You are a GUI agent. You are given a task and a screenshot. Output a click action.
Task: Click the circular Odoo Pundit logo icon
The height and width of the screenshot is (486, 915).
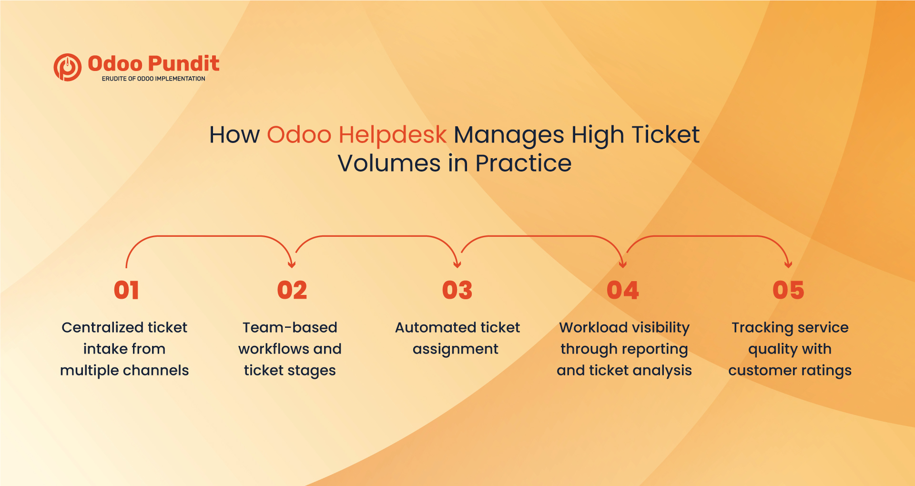pos(67,67)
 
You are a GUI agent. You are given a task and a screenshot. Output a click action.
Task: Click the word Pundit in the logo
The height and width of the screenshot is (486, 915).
pos(183,64)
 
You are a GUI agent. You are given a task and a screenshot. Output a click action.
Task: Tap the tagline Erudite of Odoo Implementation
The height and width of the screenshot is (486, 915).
pos(153,79)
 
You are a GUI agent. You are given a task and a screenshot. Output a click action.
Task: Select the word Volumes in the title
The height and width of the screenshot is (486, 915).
pos(389,163)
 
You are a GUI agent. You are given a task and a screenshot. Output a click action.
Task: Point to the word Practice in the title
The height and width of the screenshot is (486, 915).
pos(523,163)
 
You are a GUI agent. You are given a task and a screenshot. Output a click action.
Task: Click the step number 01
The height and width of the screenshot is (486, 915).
pos(126,290)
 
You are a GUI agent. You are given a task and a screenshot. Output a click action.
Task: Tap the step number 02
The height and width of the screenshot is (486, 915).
pos(292,290)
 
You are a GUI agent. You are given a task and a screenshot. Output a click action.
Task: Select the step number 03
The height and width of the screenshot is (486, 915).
pos(457,290)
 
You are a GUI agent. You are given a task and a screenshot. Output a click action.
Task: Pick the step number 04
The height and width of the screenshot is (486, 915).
pos(622,290)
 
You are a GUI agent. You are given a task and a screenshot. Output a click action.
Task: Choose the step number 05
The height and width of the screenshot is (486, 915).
pos(788,290)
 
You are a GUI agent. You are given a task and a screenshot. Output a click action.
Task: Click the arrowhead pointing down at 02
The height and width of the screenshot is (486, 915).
pos(292,264)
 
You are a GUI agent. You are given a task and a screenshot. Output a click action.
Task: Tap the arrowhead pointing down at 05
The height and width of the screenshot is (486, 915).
pos(788,264)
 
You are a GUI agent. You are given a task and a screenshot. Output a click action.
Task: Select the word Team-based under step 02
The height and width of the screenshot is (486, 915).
pos(290,328)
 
